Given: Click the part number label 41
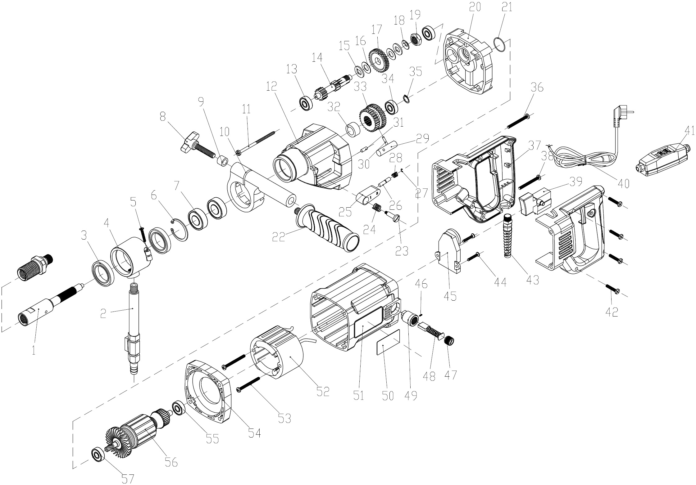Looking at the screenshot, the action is click(681, 132).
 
